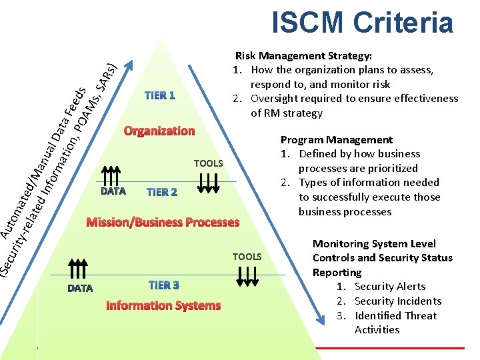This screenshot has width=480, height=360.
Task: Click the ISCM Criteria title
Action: coord(362,22)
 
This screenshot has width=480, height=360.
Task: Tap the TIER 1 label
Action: coord(160,95)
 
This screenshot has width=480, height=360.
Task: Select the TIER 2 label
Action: coord(162,192)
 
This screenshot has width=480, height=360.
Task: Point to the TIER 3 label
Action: coord(164,285)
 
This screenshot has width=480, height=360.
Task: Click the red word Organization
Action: coord(159,131)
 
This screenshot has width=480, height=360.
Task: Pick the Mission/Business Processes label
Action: coord(163,222)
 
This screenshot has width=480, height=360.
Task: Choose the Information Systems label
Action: coord(163,305)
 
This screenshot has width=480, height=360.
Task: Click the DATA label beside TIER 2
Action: coord(113,191)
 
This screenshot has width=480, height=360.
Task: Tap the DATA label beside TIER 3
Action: coord(80,289)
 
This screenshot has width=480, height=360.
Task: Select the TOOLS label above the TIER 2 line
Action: coord(208,163)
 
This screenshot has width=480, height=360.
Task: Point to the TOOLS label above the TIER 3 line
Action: coord(247,257)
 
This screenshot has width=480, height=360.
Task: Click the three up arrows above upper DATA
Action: coord(111,176)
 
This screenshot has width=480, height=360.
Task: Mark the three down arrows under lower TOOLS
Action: coord(247,277)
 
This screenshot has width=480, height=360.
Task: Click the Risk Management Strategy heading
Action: coord(304,56)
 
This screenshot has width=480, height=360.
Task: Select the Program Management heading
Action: coord(337,140)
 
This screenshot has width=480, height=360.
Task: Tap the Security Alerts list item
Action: coord(390,287)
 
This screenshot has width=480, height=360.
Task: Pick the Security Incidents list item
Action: coord(398,301)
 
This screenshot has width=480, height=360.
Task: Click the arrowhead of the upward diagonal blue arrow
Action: coord(129,65)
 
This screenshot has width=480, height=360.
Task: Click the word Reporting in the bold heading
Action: coord(337,273)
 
